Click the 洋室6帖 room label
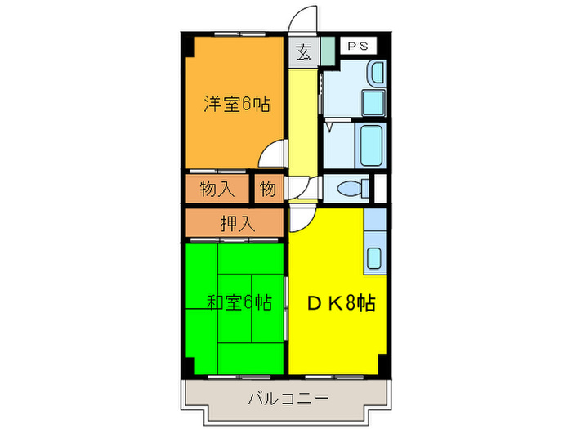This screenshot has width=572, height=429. coord(237,104)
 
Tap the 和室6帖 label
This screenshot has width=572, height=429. coord(238,303)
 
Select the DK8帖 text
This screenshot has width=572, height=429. coord(341,303)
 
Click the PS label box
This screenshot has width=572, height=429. coord(356,47)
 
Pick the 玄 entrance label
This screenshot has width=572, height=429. coord(303,54)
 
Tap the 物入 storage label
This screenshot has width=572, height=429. coord(217,189)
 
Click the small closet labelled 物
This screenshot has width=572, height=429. coord(268,189)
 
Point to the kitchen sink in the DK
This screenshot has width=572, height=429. coord(374,257)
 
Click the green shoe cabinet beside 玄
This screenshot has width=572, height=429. coord(327,54)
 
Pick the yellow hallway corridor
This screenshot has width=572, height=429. coord(303,123)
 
